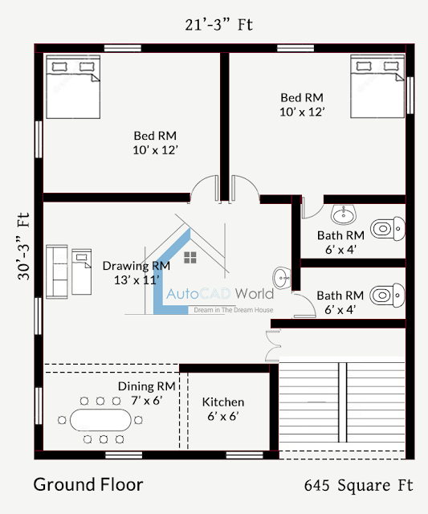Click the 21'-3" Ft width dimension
(x=219, y=25)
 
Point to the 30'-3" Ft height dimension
(x=23, y=247)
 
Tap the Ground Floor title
(x=88, y=484)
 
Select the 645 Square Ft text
(x=358, y=485)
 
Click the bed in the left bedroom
(x=73, y=87)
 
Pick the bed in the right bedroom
(x=377, y=86)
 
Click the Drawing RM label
(x=137, y=266)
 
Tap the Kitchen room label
(x=223, y=402)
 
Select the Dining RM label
(x=147, y=386)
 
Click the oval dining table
(x=100, y=420)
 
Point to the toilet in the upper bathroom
(x=388, y=228)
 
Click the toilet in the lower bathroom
(x=387, y=295)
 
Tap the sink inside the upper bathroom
(x=344, y=214)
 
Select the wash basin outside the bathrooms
(x=282, y=279)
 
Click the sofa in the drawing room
(x=57, y=271)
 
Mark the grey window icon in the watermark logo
(x=190, y=258)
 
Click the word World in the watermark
(x=255, y=293)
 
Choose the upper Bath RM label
(x=340, y=235)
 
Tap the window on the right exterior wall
(x=410, y=95)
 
